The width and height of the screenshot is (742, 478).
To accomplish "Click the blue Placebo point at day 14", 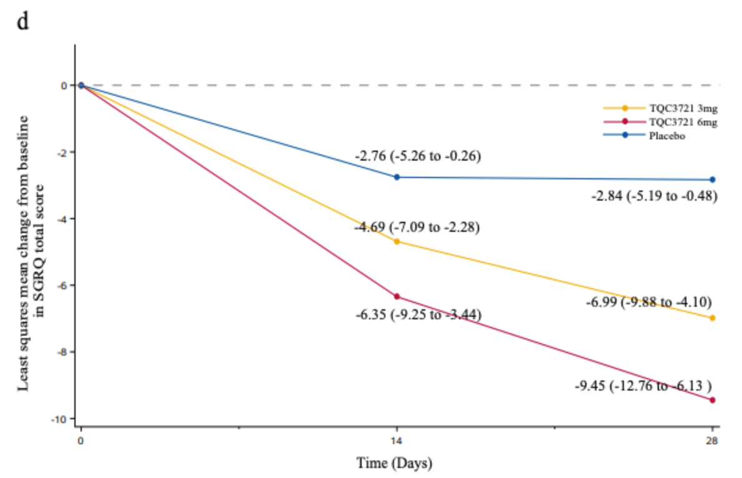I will click(397, 177).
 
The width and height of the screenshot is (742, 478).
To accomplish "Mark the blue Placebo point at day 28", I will click(713, 180).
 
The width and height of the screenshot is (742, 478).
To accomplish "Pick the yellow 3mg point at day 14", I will click(397, 241).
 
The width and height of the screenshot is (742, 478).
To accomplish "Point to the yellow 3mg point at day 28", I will click(713, 318).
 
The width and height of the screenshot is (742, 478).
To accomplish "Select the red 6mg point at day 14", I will click(397, 296).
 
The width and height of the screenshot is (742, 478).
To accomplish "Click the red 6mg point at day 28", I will click(713, 400).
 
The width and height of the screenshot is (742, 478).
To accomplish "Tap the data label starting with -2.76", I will click(417, 156).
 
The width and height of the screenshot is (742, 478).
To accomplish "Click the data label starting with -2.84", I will click(654, 196).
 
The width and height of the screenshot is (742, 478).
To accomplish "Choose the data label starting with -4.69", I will click(417, 227).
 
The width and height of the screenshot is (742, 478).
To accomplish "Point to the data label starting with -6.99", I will click(648, 302).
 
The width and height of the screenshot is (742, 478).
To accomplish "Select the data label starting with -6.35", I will click(418, 314).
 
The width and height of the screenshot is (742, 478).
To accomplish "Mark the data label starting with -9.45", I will click(644, 386).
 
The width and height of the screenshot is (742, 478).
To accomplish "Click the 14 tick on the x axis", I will click(396, 441).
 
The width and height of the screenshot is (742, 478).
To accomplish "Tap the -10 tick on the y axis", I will click(61, 419).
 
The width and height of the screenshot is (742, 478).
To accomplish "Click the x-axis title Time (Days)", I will click(394, 464).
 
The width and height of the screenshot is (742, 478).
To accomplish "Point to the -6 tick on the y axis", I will click(63, 286).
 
